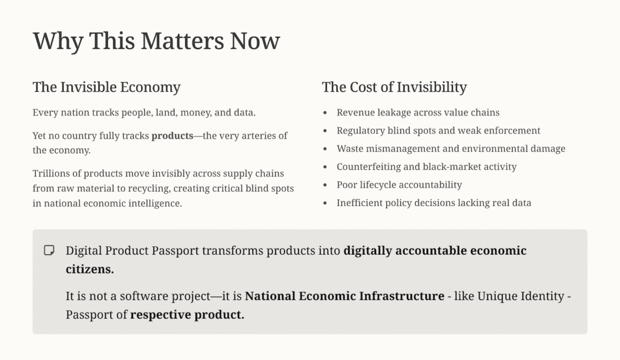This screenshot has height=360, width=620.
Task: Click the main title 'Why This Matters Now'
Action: tap(156, 41)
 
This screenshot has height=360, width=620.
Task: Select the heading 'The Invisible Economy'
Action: tap(107, 87)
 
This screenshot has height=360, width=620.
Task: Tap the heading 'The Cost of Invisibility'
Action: tap(394, 87)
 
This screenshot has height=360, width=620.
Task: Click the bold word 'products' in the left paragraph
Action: tap(173, 136)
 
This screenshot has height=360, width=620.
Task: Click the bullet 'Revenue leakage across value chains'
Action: tap(418, 113)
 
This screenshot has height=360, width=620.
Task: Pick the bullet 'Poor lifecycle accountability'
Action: tap(400, 185)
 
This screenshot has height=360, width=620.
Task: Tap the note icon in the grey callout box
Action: tap(49, 250)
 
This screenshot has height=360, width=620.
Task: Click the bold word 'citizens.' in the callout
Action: tap(90, 269)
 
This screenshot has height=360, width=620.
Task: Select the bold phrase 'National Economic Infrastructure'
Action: tap(345, 296)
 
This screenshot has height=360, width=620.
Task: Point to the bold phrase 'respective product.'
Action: tap(188, 315)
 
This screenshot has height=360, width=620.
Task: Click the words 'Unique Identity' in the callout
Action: tap(521, 296)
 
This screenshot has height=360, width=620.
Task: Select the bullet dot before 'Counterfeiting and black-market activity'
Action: tap(325, 167)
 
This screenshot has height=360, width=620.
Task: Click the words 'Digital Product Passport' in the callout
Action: tap(132, 251)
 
